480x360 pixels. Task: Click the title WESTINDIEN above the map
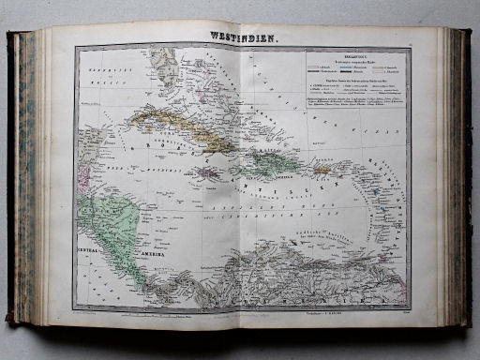pos(242,37)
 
